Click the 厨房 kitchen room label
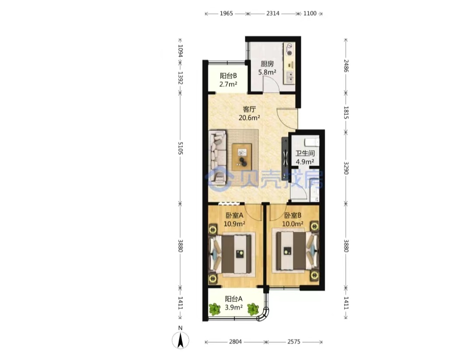[267, 64]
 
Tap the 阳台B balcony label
[228, 76]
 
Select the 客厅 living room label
[250, 109]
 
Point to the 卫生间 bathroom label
[305, 153]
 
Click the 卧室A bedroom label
[234, 215]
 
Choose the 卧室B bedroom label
[293, 215]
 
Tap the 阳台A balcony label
[234, 299]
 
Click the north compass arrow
[180, 341]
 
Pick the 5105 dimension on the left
[180, 148]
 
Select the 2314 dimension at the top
[273, 13]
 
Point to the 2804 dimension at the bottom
[235, 342]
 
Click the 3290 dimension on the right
[346, 168]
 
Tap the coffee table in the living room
[242, 157]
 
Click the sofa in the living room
[218, 157]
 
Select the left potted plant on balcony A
[215, 309]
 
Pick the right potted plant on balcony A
[253, 309]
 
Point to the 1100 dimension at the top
[310, 13]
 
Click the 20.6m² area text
[250, 118]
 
